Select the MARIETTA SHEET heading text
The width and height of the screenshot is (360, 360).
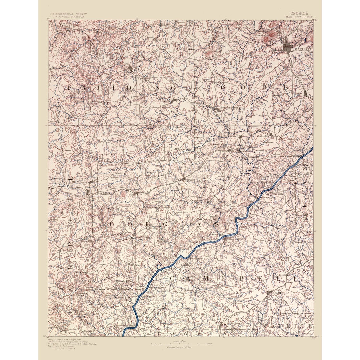pos(299,17)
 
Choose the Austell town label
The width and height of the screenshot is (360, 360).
pos(234,137)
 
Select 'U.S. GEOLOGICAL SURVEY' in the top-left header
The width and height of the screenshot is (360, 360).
pos(68,14)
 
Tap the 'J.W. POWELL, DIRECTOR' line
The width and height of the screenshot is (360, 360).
pos(68,17)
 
